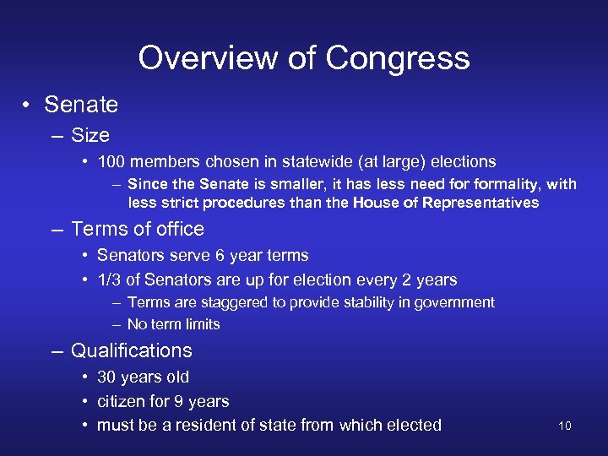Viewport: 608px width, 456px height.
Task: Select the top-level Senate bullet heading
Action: click(x=81, y=105)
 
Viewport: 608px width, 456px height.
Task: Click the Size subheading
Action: click(x=90, y=135)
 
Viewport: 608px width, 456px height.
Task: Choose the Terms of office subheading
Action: click(x=138, y=229)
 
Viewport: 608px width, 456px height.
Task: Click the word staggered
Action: click(x=226, y=302)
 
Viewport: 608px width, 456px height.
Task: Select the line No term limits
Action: click(x=173, y=324)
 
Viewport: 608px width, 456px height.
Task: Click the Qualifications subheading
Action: click(x=132, y=350)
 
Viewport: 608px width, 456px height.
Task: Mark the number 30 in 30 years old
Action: click(x=107, y=377)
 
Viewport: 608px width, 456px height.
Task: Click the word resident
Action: click(x=209, y=425)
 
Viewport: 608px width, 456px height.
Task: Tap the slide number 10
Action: click(x=565, y=426)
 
